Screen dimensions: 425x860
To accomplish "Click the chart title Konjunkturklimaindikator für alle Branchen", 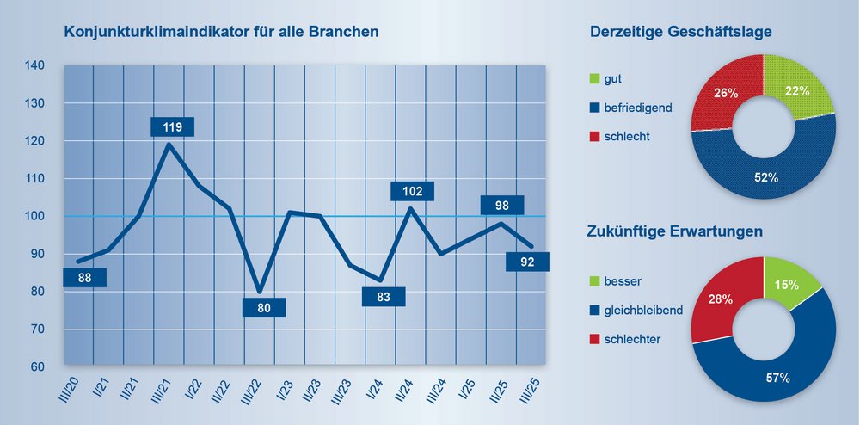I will (x=222, y=33).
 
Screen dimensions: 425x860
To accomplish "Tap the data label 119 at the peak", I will (x=172, y=127).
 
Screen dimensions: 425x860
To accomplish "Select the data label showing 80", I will (x=264, y=308).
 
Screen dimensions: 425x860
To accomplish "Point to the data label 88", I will (x=84, y=278).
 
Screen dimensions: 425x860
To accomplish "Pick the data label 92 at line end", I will (x=527, y=262).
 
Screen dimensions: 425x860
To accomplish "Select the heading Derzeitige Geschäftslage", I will (x=680, y=33).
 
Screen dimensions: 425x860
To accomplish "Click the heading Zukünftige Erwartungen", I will (x=676, y=232).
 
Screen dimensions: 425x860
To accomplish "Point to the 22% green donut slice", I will (x=793, y=86).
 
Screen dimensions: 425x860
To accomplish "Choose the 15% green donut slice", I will (x=786, y=284).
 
